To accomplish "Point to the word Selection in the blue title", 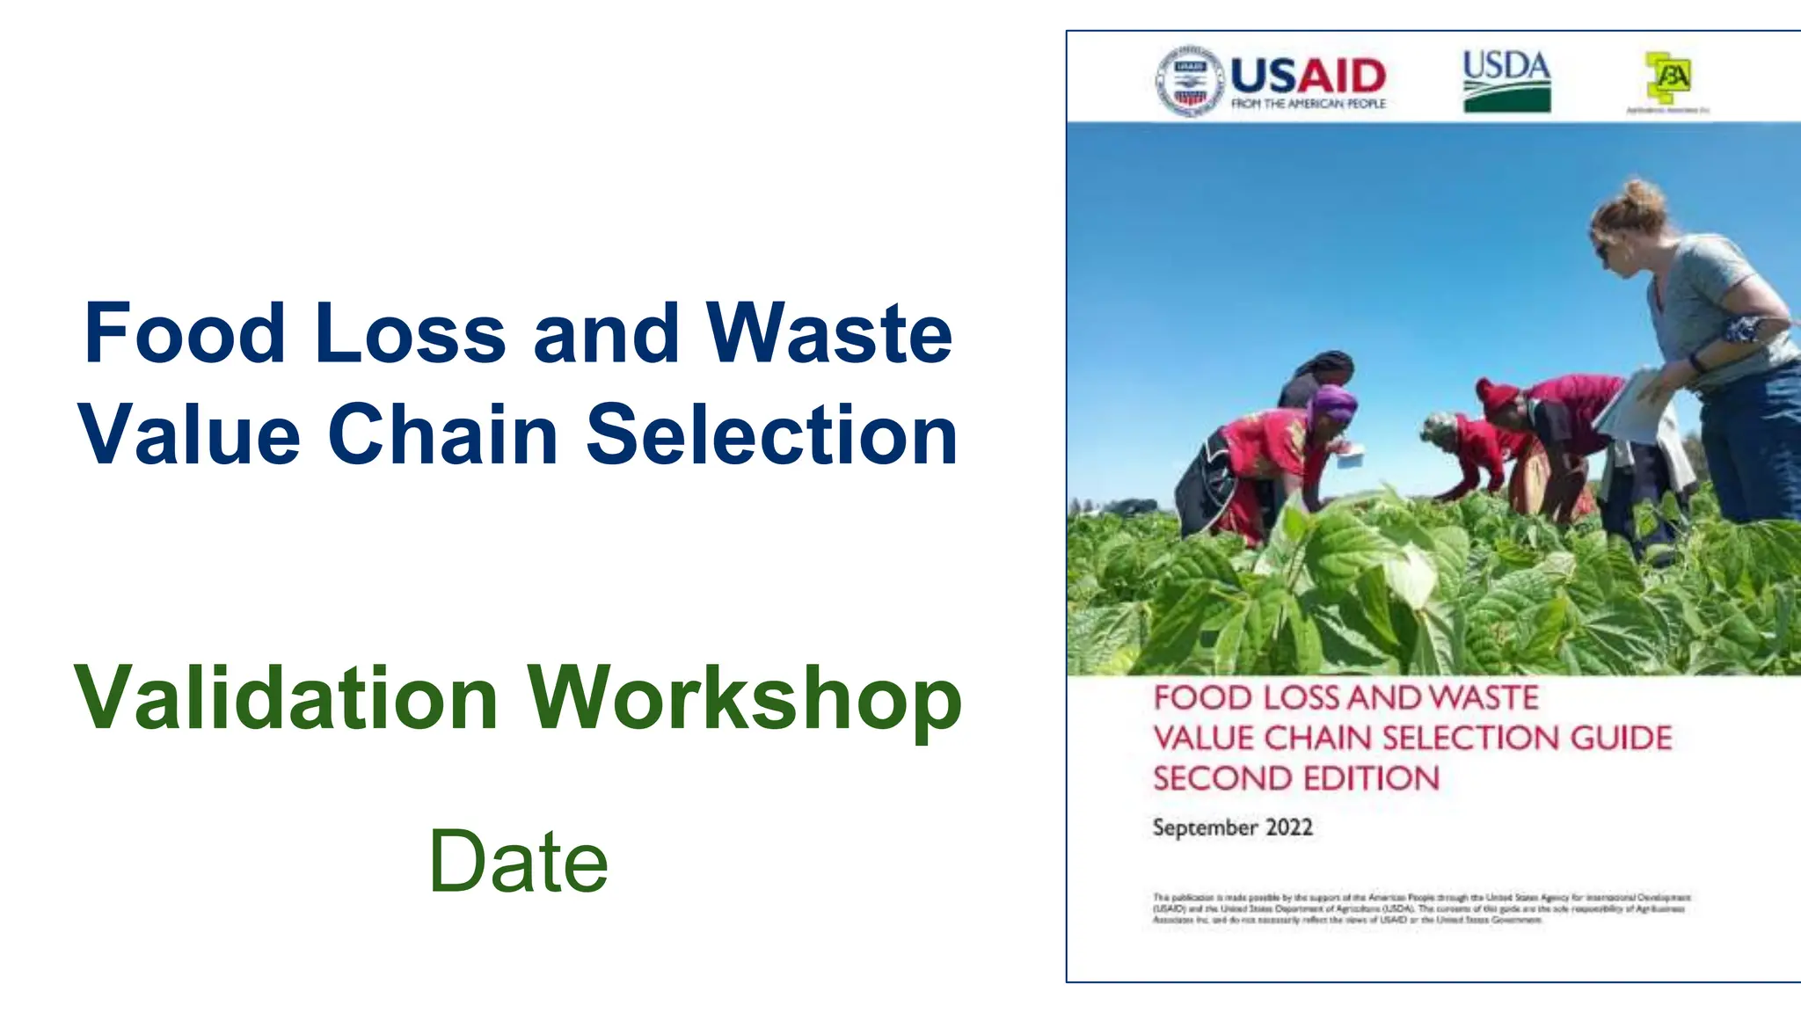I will (x=771, y=434).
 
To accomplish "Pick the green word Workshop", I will (x=744, y=699).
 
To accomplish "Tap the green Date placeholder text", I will (x=518, y=862).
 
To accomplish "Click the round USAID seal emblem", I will (x=1189, y=82).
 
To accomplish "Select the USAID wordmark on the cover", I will (x=1308, y=76).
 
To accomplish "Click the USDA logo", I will (x=1506, y=81).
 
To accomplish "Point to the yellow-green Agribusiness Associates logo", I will (x=1668, y=77).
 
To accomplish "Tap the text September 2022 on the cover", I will (x=1232, y=827).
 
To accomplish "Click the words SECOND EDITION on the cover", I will (x=1295, y=778).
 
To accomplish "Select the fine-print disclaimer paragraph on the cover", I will (x=1420, y=908).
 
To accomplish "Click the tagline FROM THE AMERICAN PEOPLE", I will (x=1308, y=104).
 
